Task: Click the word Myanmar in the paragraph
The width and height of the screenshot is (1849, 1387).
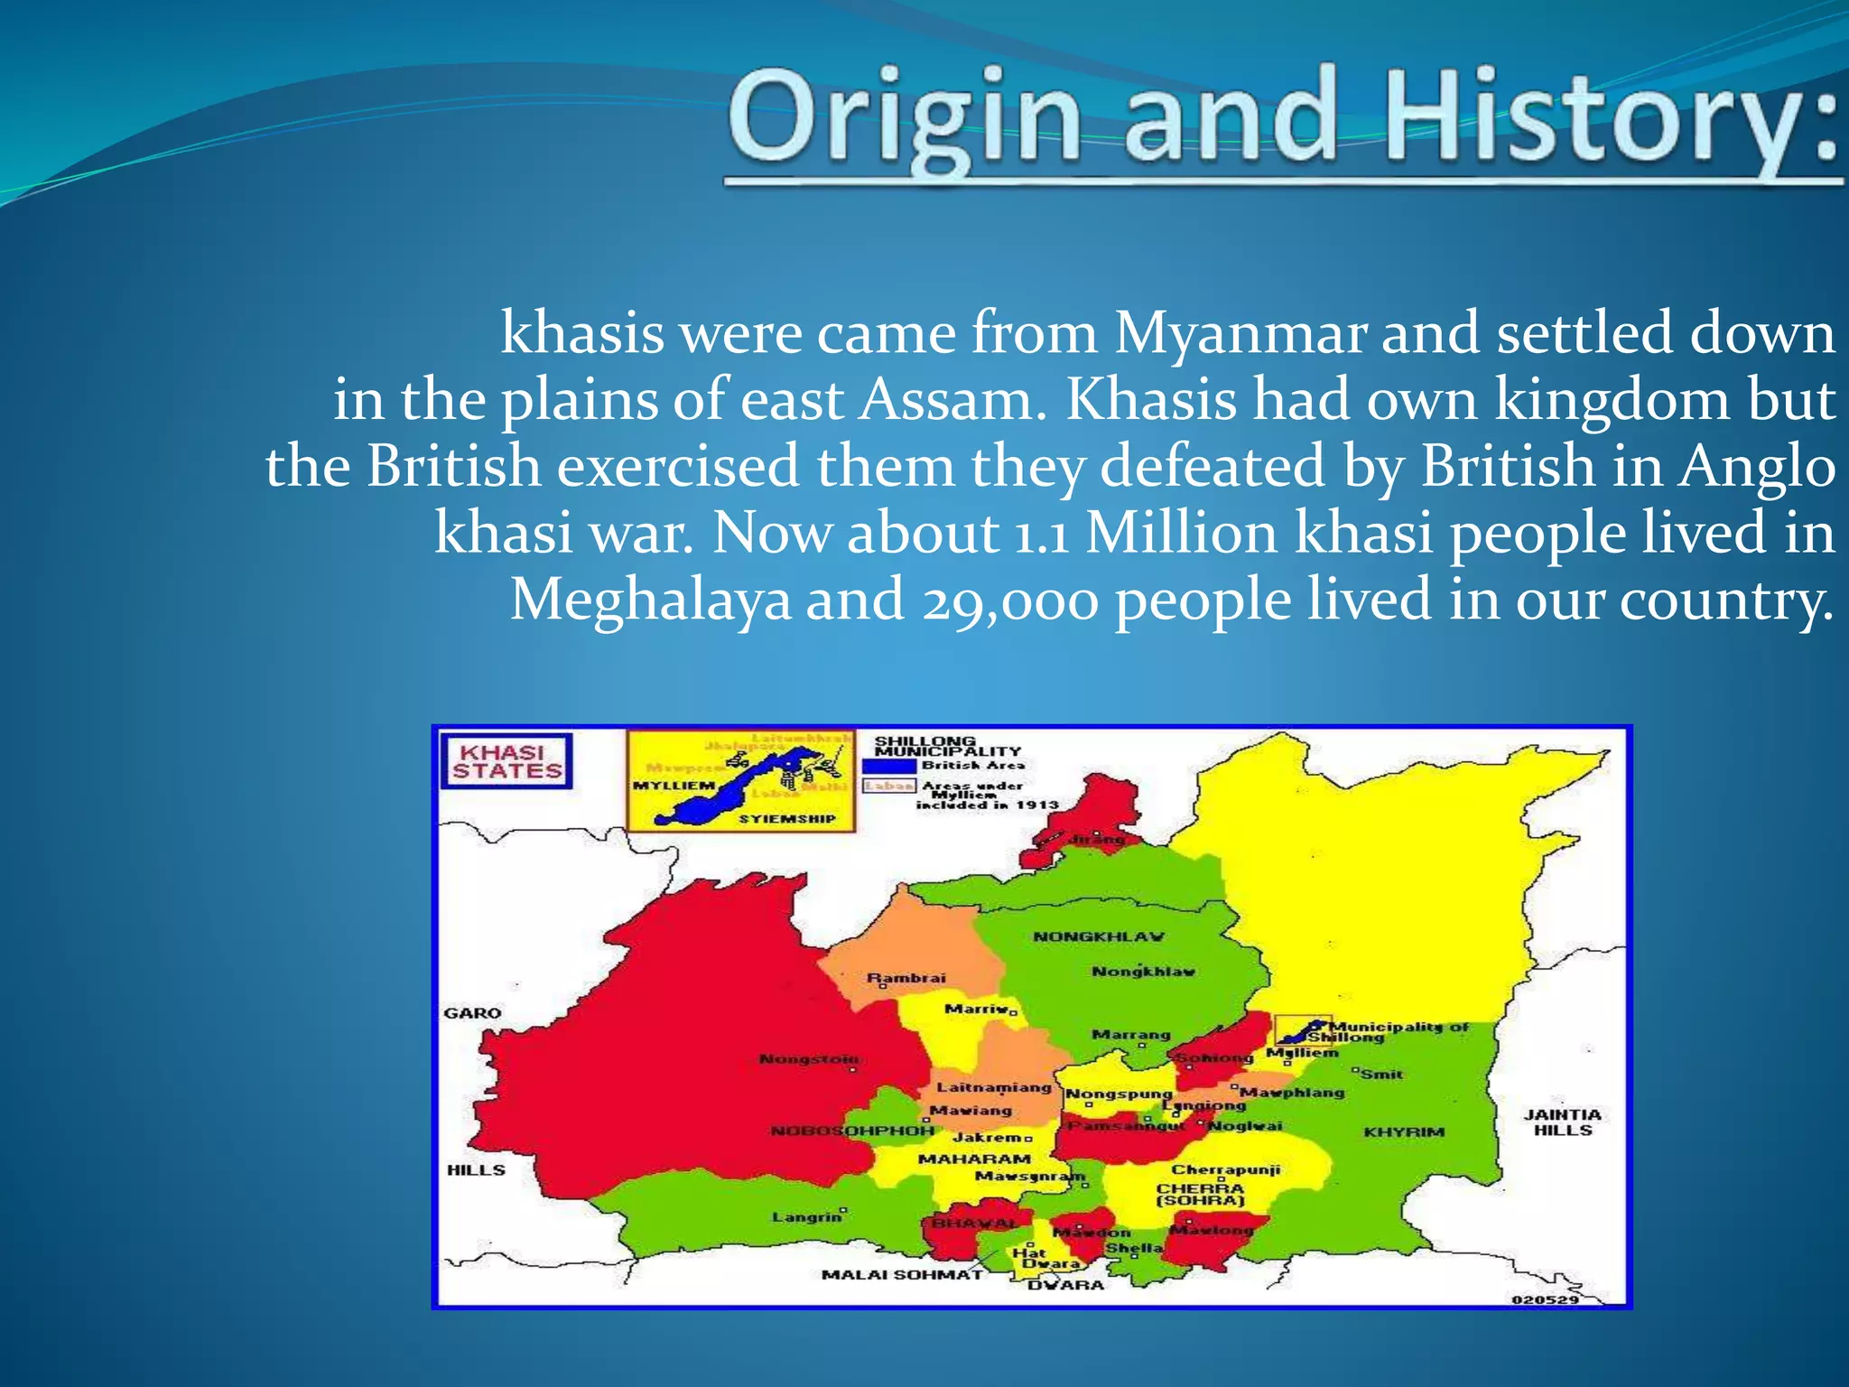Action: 1241,333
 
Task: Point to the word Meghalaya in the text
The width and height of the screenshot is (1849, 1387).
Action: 651,600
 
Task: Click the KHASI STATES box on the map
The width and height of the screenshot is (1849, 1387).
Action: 506,762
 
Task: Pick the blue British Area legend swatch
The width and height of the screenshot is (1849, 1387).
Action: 888,766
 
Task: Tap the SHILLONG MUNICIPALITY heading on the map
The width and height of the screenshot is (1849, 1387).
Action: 946,746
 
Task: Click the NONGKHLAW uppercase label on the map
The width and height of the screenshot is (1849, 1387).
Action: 1098,936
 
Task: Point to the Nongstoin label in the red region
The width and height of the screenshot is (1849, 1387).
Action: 809,1058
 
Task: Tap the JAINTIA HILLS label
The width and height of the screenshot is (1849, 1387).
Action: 1562,1122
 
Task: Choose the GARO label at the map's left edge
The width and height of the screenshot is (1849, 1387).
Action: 472,1013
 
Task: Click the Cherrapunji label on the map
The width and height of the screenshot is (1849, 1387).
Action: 1225,1169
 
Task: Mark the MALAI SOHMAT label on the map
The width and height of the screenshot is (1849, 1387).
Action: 901,1274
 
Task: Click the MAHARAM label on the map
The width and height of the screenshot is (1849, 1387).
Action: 974,1159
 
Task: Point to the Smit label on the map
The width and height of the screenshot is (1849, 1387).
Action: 1381,1075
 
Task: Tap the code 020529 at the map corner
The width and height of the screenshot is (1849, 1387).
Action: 1545,1299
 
